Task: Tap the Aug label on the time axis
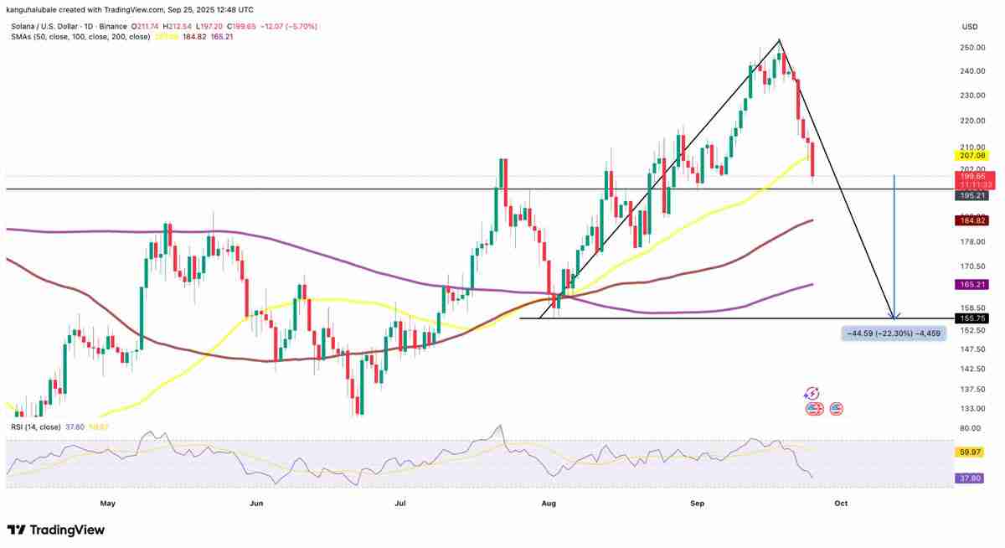tap(549, 504)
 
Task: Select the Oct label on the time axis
tap(841, 504)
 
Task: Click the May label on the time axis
tap(107, 504)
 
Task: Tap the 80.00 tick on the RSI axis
tap(970, 428)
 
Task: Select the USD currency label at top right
tap(970, 27)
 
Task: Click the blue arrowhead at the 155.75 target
tap(895, 316)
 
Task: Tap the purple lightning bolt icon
tap(811, 393)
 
